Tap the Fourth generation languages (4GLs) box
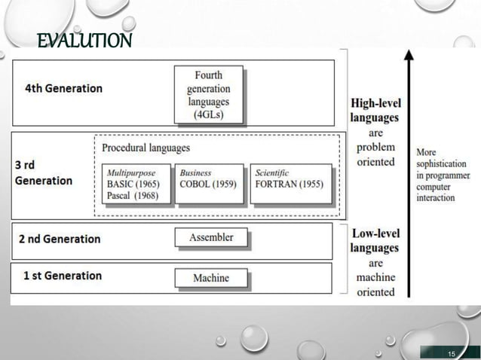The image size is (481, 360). point(208,95)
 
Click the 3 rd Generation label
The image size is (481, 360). point(44,173)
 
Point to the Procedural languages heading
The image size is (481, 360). point(146,148)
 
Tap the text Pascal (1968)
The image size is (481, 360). point(131,197)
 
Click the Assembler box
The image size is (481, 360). point(211,237)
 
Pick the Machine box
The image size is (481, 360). point(211,278)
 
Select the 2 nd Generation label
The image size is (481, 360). point(60,239)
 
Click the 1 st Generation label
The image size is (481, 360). point(63,276)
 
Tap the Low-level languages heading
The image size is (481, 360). point(375,240)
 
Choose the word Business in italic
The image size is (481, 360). point(195,172)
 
